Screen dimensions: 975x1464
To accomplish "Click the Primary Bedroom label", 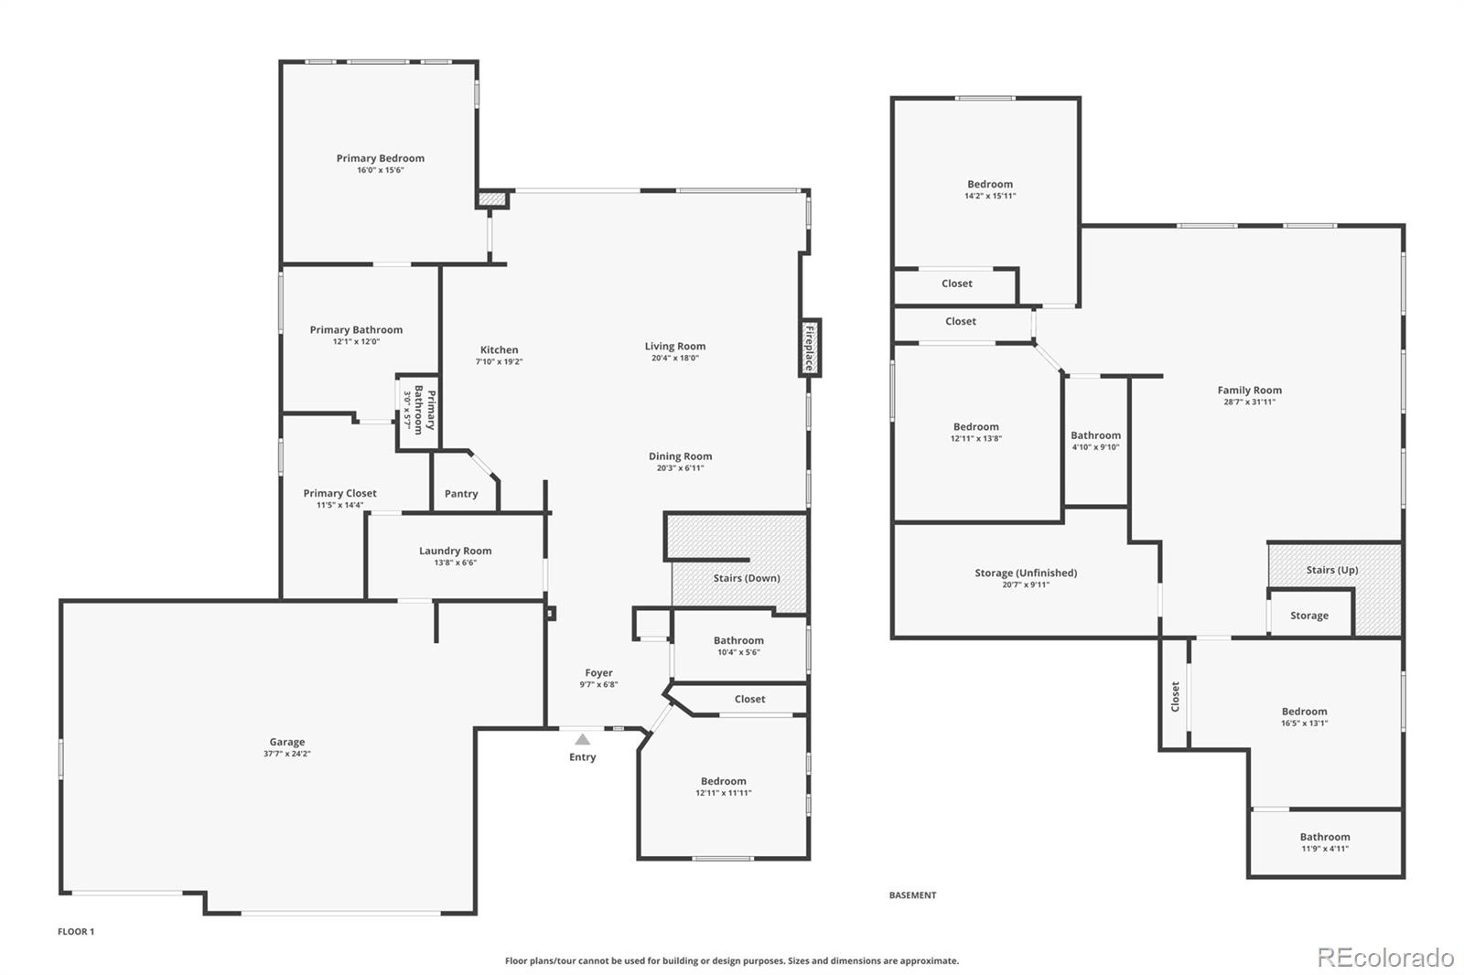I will tap(380, 158).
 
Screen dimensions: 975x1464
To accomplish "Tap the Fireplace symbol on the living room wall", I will tap(809, 348).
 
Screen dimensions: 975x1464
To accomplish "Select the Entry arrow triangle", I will tap(582, 739).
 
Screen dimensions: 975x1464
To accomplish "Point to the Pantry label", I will tap(461, 494).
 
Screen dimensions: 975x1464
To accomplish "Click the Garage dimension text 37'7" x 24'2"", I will tap(286, 754).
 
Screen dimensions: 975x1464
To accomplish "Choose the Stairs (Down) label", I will tap(747, 578).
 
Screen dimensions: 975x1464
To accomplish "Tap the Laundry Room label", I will tap(455, 551).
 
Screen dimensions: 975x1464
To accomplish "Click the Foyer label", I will tap(598, 672).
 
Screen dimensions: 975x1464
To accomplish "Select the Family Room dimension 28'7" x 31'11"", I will tap(1249, 402).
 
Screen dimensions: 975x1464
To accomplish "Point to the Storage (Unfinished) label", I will tap(1025, 573).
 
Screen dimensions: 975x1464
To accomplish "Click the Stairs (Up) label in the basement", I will tap(1331, 570).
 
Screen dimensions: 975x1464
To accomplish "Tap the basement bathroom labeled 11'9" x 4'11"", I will tap(1324, 841).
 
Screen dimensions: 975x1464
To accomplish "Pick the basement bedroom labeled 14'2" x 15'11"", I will tap(989, 189).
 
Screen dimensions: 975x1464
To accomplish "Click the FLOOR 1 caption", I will tap(76, 931).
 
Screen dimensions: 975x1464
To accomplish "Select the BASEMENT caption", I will tap(912, 895).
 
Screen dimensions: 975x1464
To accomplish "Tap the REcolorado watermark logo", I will tap(1384, 958).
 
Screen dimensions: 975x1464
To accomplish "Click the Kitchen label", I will tap(499, 349).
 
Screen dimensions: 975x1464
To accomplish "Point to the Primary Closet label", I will tap(339, 493).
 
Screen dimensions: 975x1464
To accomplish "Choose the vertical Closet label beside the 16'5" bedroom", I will tap(1175, 696).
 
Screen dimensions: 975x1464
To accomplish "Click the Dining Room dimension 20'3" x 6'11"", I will tap(680, 468).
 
